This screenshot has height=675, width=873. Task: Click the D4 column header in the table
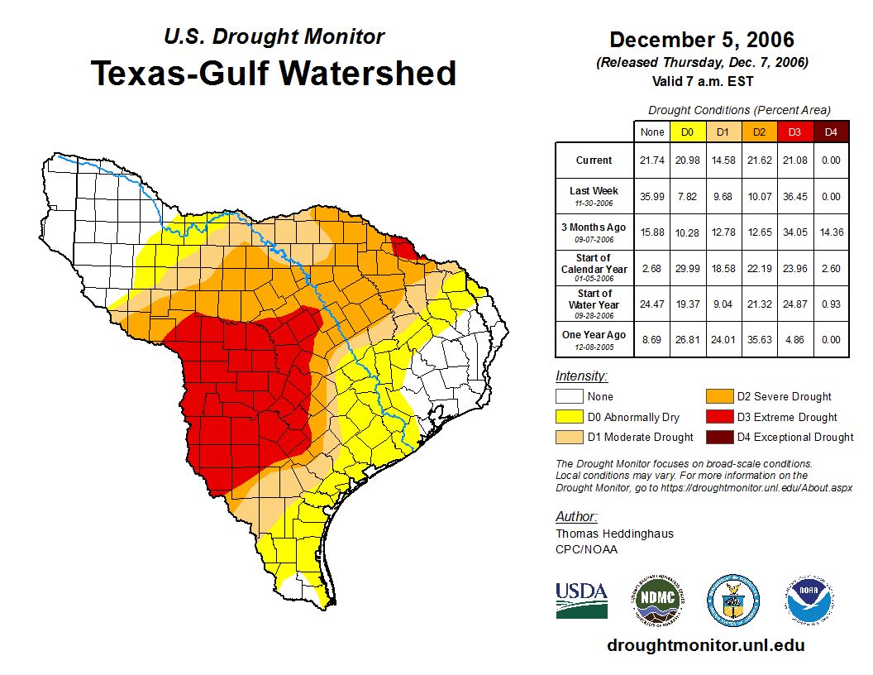point(831,132)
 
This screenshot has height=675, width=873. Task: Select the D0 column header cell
point(687,132)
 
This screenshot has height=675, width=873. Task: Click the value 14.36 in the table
point(831,232)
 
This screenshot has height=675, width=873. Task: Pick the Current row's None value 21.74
point(652,160)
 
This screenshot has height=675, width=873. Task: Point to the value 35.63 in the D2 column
point(759,338)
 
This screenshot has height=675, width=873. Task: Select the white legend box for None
point(569,397)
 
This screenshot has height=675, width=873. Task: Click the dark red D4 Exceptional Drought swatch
point(718,437)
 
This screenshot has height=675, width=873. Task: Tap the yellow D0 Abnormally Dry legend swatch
point(569,417)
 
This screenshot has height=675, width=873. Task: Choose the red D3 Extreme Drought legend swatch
point(718,417)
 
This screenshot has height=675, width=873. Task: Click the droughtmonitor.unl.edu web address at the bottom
point(705,645)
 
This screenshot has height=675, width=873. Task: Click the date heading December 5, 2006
point(702,40)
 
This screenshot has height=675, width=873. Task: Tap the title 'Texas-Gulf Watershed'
point(274,73)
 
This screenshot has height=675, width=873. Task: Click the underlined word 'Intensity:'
point(581,376)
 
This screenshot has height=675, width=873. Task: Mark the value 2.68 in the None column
point(652,267)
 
